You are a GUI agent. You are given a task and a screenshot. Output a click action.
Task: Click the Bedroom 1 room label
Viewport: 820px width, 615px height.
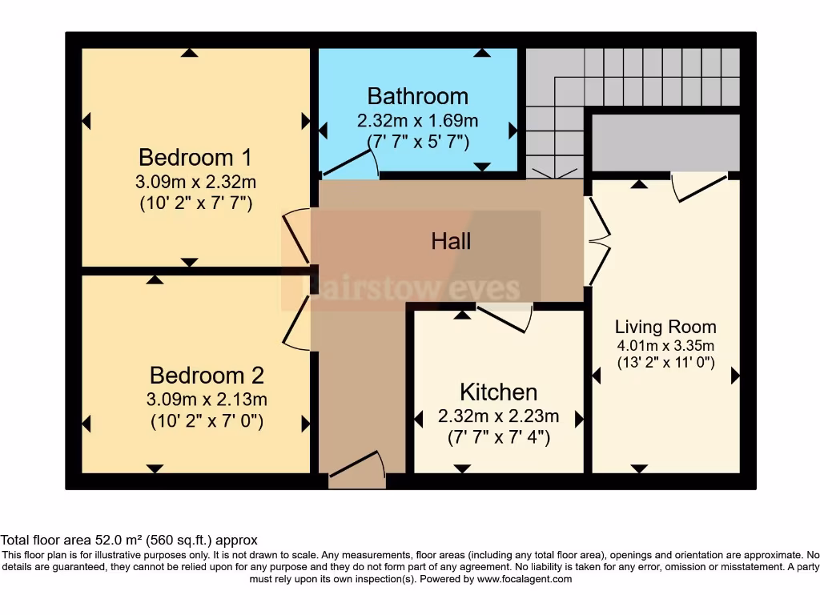195,155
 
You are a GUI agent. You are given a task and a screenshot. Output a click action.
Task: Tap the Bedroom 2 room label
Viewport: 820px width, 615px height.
207,375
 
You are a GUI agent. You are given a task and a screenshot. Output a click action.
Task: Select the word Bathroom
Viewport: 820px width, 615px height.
417,96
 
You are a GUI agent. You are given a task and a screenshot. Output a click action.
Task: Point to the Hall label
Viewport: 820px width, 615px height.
451,241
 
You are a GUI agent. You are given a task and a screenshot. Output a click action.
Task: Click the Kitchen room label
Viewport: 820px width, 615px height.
498,392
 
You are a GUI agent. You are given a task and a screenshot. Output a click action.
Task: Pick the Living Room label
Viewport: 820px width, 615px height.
665,327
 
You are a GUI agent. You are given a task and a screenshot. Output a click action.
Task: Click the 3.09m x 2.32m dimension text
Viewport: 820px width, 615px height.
195,182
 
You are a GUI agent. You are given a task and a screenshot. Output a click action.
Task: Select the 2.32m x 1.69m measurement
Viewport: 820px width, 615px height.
417,122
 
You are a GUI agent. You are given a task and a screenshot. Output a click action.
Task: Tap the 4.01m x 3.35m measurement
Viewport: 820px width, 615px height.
665,345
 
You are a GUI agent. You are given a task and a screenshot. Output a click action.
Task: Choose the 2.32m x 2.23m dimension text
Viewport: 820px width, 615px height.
498,417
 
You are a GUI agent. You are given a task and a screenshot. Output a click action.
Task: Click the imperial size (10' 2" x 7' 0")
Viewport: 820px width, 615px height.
207,420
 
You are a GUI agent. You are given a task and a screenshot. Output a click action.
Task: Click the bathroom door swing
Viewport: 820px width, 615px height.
352,165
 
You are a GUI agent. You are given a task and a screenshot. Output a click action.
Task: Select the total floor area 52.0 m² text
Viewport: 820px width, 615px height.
129,541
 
